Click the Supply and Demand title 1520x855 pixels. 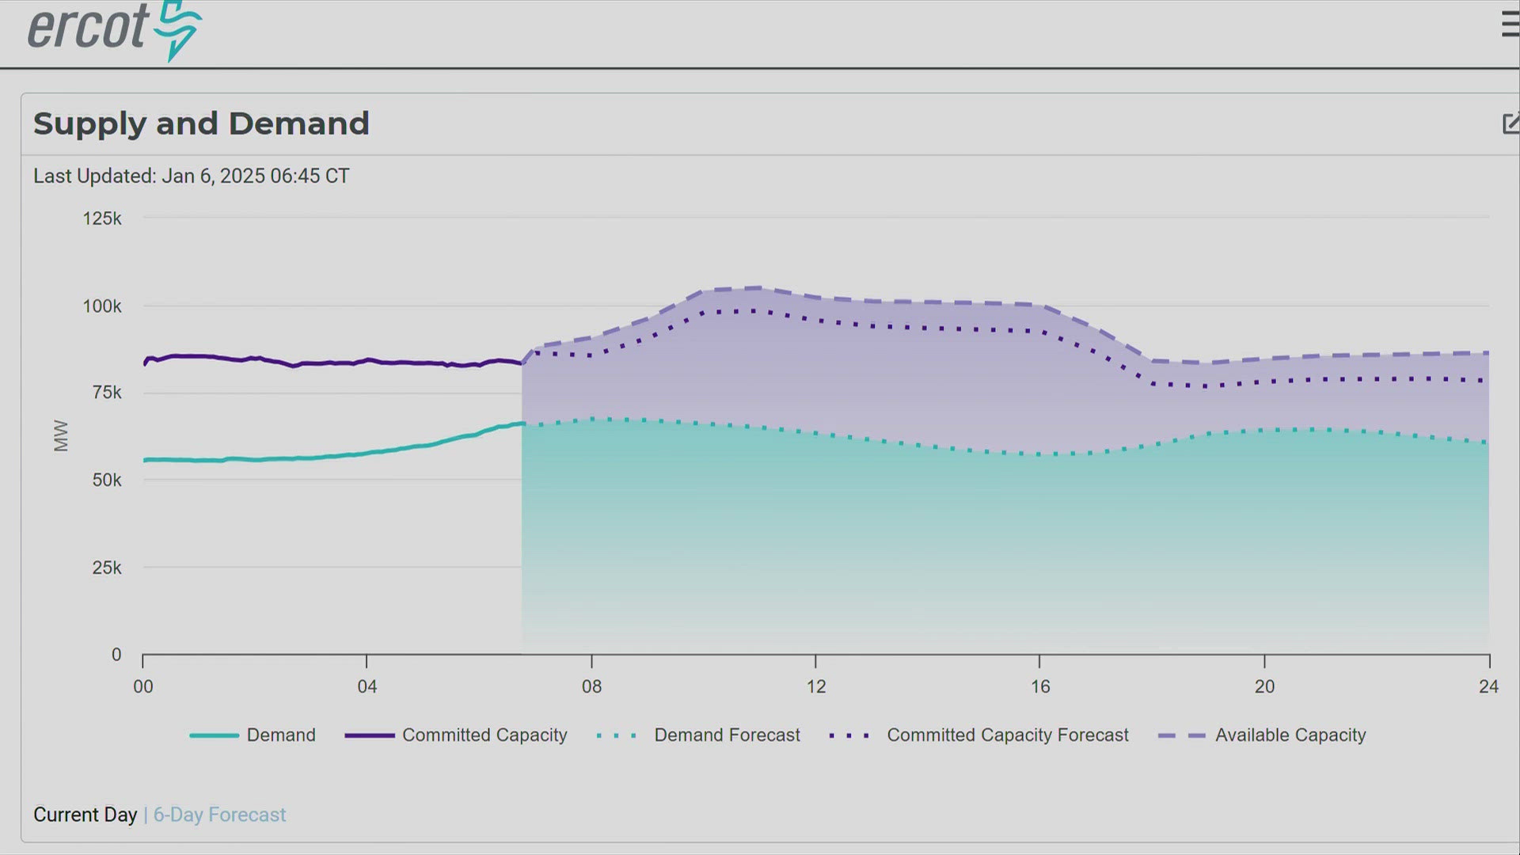tap(201, 123)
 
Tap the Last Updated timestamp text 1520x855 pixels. tap(191, 176)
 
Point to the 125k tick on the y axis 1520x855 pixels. tap(102, 218)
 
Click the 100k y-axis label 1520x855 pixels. tap(102, 306)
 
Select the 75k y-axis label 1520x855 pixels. tap(106, 393)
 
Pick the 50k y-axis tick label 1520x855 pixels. tap(106, 480)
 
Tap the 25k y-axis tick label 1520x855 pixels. tap(106, 568)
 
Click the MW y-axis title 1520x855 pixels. tap(61, 435)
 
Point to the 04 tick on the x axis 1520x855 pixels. tap(367, 686)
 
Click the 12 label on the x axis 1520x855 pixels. tap(815, 686)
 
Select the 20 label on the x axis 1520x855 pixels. tap(1264, 686)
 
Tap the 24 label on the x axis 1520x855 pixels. tap(1488, 686)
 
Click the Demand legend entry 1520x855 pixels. tap(280, 735)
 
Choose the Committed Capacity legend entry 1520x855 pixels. tap(484, 735)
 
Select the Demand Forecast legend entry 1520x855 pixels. tap(726, 735)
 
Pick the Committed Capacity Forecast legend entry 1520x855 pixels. tap(1007, 735)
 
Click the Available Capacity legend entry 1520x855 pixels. tap(1290, 735)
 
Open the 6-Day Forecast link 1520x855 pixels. tap(219, 815)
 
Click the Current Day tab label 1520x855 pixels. tap(85, 815)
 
